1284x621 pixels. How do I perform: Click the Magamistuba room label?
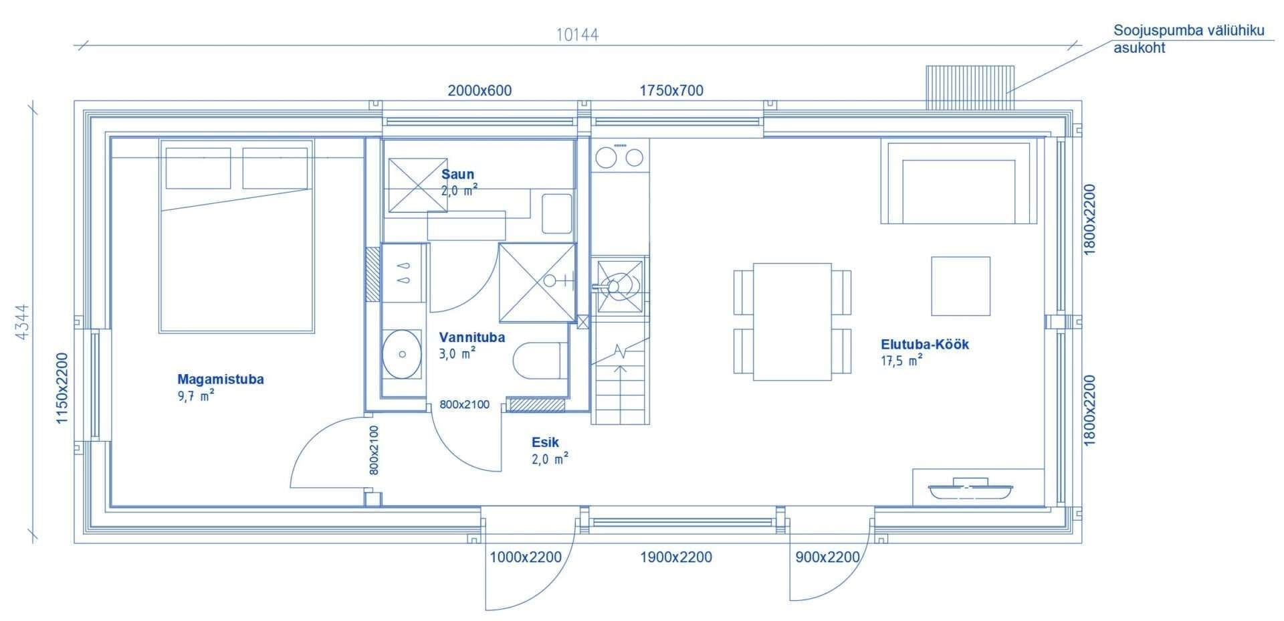tap(221, 379)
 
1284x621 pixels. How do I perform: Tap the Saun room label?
tap(457, 175)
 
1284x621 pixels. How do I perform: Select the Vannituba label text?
tap(471, 337)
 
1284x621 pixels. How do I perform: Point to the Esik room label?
tap(545, 442)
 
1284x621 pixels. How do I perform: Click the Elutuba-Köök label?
tap(925, 345)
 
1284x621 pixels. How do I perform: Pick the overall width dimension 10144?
tap(577, 35)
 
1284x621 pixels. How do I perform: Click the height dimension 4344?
tap(22, 322)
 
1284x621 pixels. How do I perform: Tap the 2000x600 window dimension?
tap(479, 90)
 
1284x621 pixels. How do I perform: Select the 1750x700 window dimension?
tap(671, 90)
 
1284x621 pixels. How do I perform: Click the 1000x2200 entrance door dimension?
tap(526, 557)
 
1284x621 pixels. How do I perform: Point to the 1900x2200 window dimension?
tap(675, 557)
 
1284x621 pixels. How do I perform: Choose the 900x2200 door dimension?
tap(827, 557)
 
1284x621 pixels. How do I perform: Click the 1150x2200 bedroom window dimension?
tap(62, 388)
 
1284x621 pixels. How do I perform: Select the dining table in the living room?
tap(792, 322)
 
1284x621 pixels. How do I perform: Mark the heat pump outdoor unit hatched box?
tap(970, 88)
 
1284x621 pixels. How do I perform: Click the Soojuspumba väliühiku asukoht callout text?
tap(1188, 39)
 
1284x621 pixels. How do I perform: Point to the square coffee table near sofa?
tap(961, 286)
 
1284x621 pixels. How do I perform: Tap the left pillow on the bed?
tap(198, 168)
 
